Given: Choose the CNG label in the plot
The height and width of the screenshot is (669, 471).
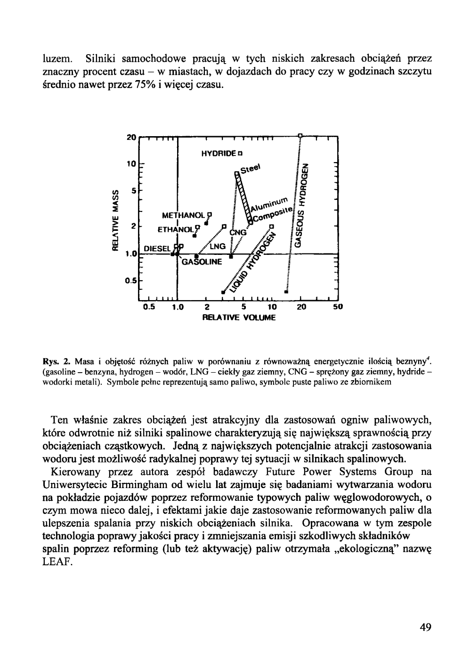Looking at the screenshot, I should [238, 233].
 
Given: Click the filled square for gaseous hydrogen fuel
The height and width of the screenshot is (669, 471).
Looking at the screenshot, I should [286, 292].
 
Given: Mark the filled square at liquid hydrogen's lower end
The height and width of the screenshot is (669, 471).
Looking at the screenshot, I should [223, 292].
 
